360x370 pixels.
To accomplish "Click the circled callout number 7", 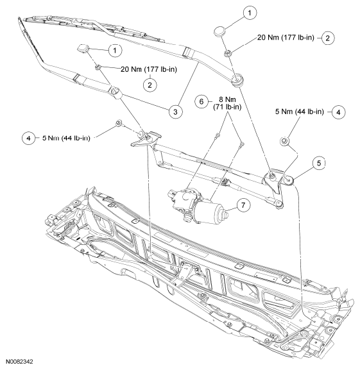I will click(x=243, y=205).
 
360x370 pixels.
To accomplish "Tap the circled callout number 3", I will click(x=173, y=111).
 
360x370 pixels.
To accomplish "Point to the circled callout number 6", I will click(x=201, y=102).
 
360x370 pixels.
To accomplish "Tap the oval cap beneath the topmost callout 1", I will click(x=221, y=31).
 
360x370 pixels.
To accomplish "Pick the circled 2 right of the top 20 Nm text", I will click(x=327, y=38).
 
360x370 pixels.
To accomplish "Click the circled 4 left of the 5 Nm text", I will click(x=28, y=137).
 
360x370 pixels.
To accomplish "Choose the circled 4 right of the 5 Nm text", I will click(x=339, y=112).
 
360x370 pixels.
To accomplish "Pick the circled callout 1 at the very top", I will click(x=251, y=12).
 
